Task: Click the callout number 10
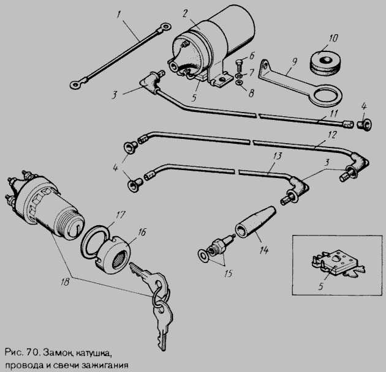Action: pyautogui.click(x=333, y=39)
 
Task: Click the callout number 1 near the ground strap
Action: pyautogui.click(x=119, y=15)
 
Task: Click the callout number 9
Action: pyautogui.click(x=295, y=62)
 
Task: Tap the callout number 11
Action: pyautogui.click(x=333, y=114)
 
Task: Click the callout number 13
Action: pyautogui.click(x=277, y=156)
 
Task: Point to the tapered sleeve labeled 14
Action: pyautogui.click(x=255, y=221)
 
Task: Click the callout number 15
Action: pyautogui.click(x=228, y=273)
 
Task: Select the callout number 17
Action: pyautogui.click(x=120, y=215)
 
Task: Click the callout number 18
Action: pyautogui.click(x=66, y=282)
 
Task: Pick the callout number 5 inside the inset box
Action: pyautogui.click(x=320, y=286)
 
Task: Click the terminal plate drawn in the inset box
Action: pyautogui.click(x=338, y=264)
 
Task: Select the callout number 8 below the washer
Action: pyautogui.click(x=251, y=94)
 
